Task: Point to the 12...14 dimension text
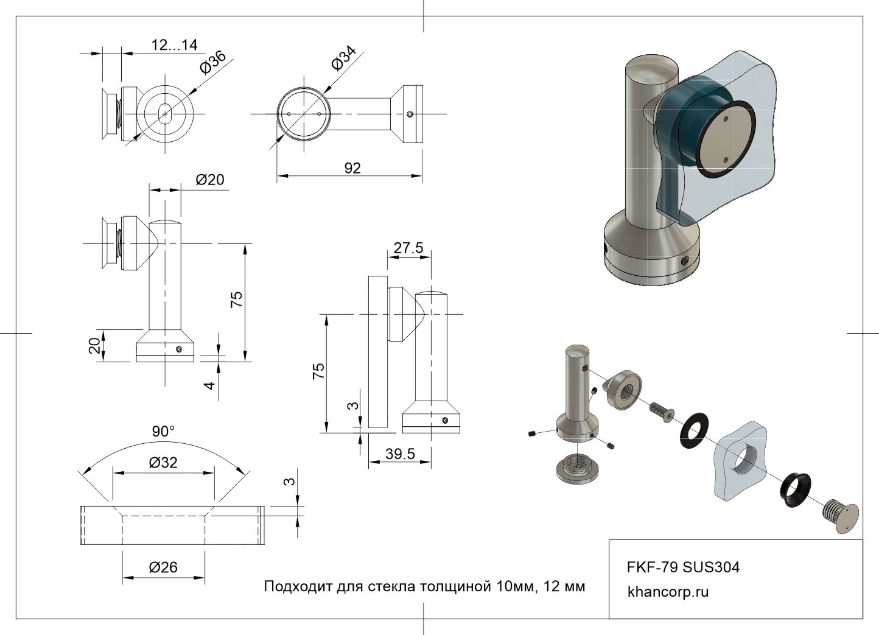[x=174, y=44]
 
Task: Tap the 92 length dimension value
[x=352, y=168]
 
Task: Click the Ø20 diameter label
[x=210, y=180]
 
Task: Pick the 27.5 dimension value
[x=408, y=248]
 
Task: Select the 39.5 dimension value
[x=400, y=454]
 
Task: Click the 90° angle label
[x=163, y=432]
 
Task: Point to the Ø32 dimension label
[x=163, y=463]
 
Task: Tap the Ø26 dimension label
[x=163, y=567]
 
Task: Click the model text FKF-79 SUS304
[x=684, y=567]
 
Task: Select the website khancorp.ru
[x=668, y=592]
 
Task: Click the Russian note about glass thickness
[x=424, y=587]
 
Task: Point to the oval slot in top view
[x=164, y=113]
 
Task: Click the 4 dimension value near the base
[x=210, y=385]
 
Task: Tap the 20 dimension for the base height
[x=95, y=346]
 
